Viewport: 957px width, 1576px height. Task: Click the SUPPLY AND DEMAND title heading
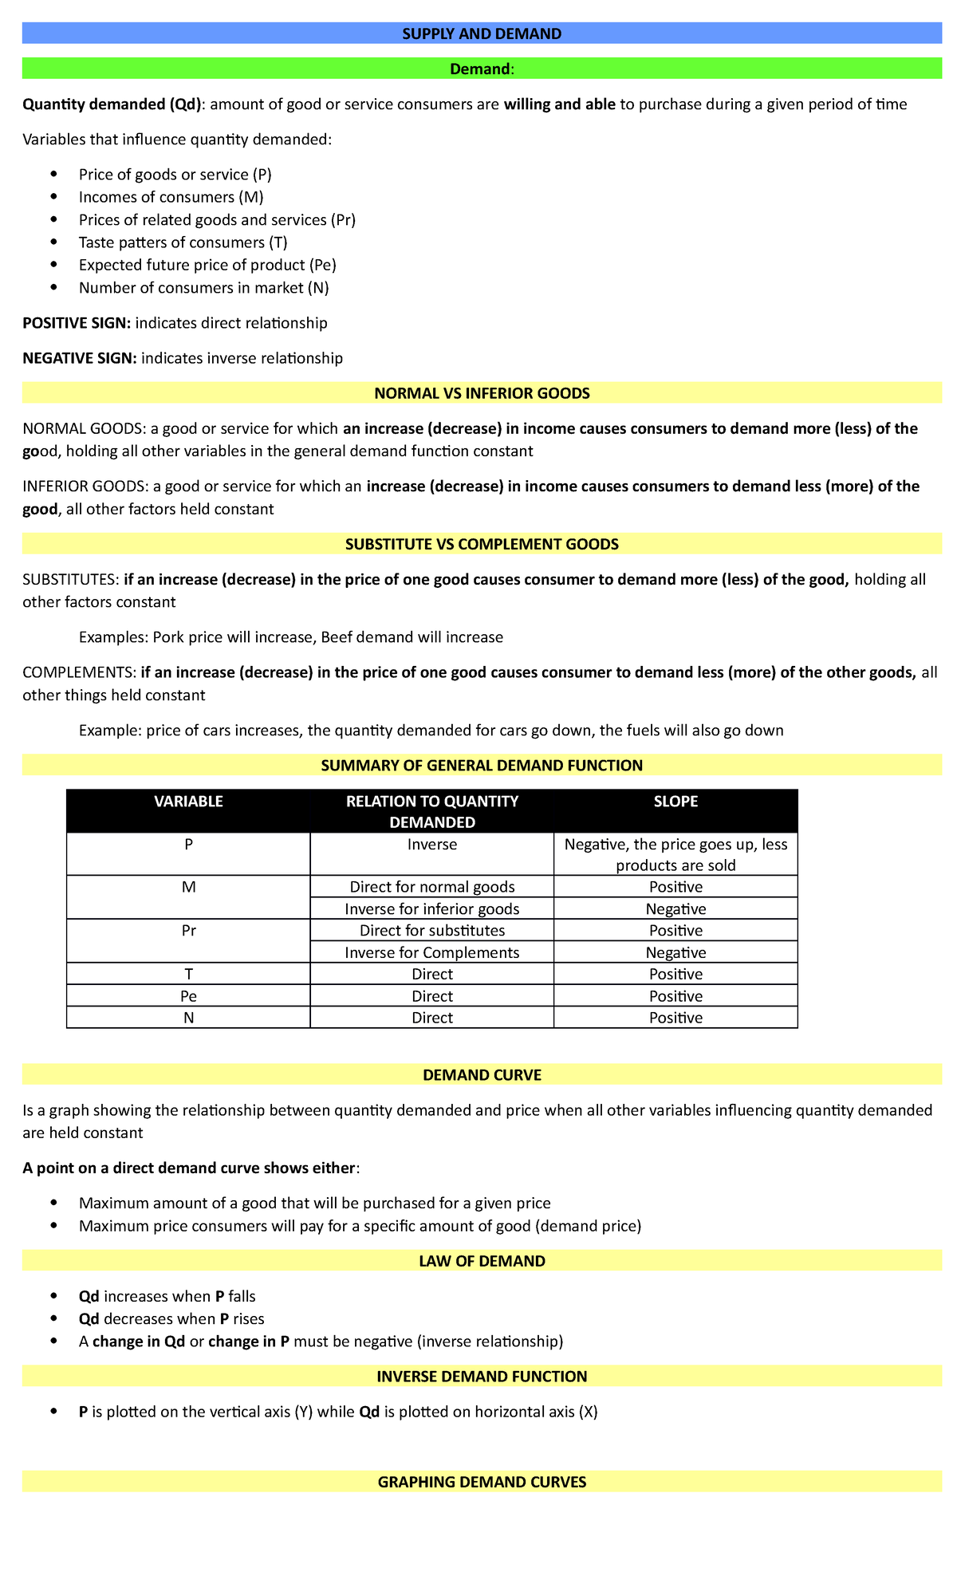[x=482, y=33]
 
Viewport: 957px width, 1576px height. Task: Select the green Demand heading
[x=482, y=69]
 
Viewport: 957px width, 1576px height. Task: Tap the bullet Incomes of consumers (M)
[x=171, y=197]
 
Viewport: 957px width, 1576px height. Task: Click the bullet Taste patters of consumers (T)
[x=183, y=242]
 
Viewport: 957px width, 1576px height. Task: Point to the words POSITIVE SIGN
[x=76, y=323]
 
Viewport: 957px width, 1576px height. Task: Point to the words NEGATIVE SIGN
[x=79, y=358]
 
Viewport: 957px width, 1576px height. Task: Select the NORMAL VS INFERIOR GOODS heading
[x=482, y=393]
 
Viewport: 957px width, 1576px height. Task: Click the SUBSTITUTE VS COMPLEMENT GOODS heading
[x=482, y=544]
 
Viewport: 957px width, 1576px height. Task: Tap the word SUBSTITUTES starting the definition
[x=71, y=579]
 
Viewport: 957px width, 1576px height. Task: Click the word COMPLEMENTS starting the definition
[x=79, y=672]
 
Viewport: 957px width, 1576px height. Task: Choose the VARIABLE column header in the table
[x=188, y=802]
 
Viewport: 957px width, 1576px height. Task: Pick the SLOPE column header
[x=675, y=802]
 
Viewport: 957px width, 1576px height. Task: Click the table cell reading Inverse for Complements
[x=431, y=952]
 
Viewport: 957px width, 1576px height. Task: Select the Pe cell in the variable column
[x=188, y=996]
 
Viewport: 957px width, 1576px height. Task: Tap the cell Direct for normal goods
[x=431, y=887]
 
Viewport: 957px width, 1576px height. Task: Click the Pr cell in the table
[x=188, y=931]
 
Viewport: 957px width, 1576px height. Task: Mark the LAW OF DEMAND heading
[x=482, y=1261]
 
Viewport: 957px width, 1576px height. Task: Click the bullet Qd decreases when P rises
[x=171, y=1318]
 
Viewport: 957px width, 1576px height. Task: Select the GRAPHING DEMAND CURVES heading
[x=482, y=1482]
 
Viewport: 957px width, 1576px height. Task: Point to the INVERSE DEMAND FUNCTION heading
[x=482, y=1376]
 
